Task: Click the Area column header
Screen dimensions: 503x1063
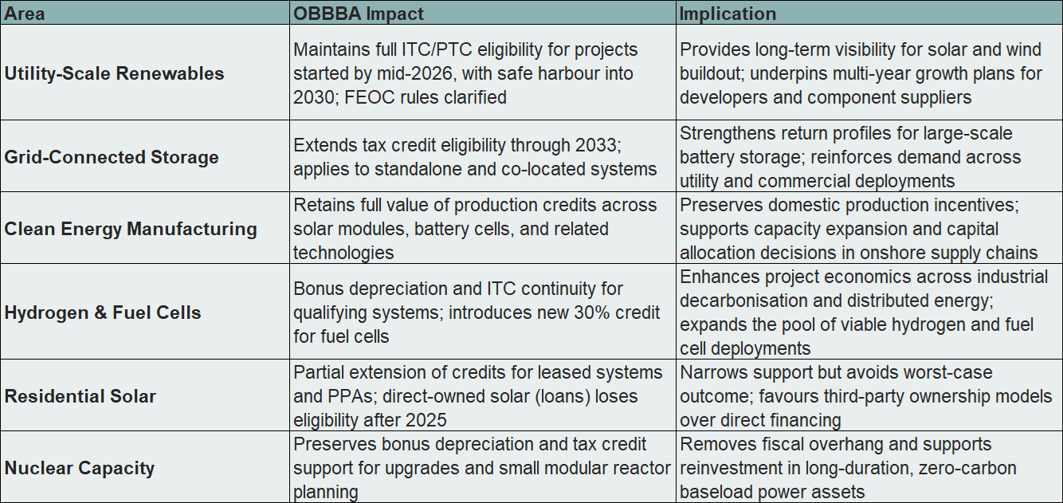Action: (x=25, y=14)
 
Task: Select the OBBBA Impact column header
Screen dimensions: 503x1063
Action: (x=359, y=14)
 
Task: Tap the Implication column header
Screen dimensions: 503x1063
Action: (x=728, y=14)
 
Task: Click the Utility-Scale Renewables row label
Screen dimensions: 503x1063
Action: (x=115, y=73)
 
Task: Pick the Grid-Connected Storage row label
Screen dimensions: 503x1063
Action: (x=112, y=157)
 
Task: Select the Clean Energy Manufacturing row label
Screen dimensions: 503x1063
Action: (x=131, y=229)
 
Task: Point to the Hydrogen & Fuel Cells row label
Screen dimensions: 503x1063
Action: (x=103, y=312)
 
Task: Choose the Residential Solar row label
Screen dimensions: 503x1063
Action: (x=80, y=396)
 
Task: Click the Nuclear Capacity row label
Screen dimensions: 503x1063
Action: (x=80, y=468)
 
